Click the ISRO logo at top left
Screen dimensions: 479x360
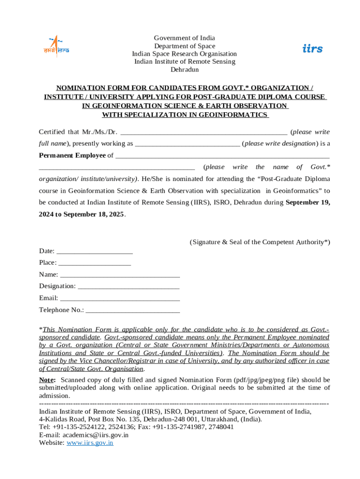56,46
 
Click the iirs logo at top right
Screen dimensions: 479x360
312,49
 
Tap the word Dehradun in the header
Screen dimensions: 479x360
184,70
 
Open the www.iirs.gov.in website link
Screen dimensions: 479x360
90,443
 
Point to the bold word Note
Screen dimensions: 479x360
47,380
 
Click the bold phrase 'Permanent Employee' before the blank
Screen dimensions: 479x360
72,155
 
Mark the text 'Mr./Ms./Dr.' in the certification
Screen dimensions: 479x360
100,132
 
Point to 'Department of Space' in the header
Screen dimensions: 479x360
185,46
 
